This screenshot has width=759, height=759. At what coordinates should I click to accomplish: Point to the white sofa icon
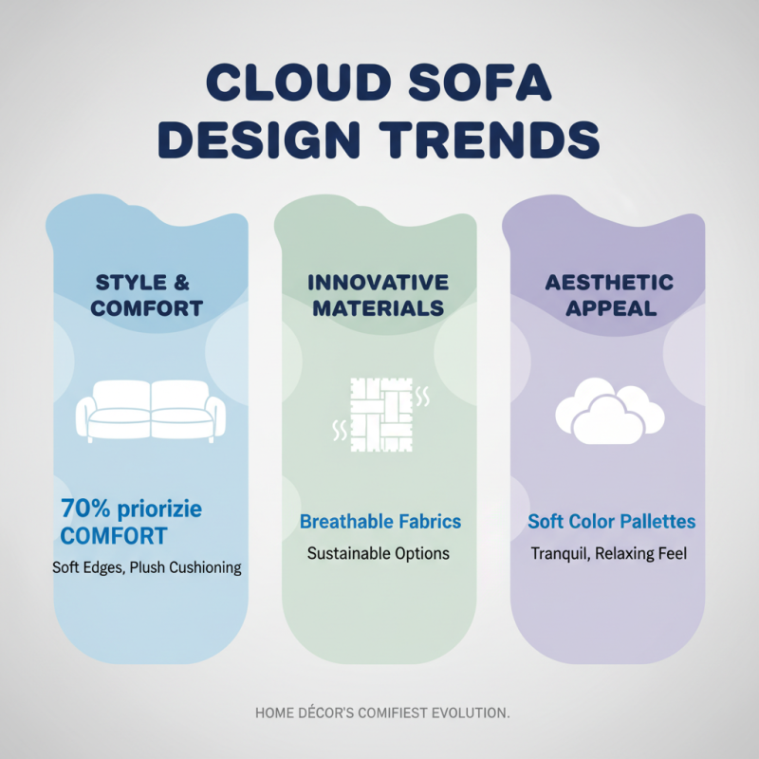tap(152, 409)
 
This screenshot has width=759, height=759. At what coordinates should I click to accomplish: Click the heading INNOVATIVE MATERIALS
tap(379, 294)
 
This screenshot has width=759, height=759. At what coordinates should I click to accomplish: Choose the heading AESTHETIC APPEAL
tap(609, 294)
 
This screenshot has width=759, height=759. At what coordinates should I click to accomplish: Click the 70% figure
tap(83, 509)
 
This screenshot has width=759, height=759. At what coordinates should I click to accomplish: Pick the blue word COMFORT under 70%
tap(114, 536)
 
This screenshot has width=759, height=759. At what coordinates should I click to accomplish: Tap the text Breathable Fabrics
tap(379, 522)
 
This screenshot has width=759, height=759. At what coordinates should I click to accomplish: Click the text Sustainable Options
tap(379, 552)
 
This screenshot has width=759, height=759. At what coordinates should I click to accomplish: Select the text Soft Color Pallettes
tap(612, 522)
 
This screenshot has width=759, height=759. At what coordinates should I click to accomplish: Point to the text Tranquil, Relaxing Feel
tap(609, 552)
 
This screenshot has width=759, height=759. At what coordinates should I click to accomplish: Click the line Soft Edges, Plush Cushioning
tap(147, 567)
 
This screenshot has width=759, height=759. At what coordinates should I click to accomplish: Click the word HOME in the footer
tap(274, 712)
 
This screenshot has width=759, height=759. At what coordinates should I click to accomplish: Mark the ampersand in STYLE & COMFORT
tap(185, 282)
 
